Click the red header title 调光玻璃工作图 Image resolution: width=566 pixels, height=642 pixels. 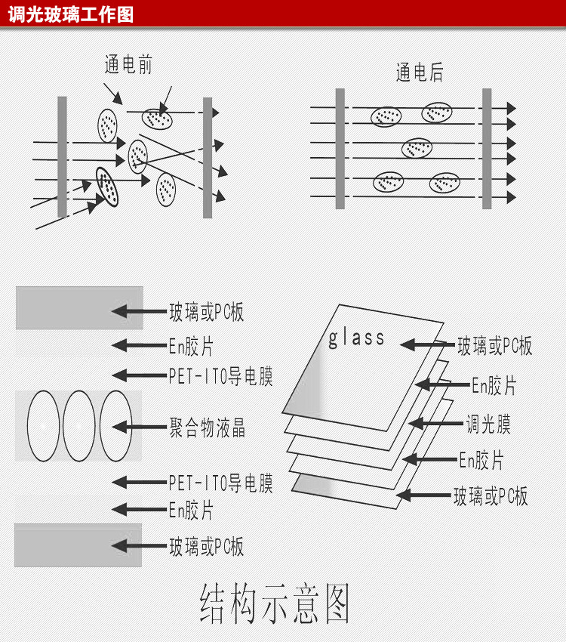point(71,14)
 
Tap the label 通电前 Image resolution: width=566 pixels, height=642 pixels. point(128,65)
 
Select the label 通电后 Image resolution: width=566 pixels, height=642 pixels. point(420,73)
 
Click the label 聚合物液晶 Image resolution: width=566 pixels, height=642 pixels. point(207,428)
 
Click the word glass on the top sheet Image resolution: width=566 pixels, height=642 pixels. point(356,338)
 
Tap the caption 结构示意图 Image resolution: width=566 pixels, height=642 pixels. point(275,603)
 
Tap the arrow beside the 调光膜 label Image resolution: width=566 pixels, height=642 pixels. point(434,424)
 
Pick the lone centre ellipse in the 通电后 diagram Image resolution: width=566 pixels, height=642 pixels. point(417,148)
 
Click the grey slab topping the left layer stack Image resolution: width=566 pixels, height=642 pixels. point(79,307)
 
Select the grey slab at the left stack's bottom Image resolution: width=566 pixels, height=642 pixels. point(78,545)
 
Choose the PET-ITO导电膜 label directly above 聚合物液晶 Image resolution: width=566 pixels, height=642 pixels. point(220,376)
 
